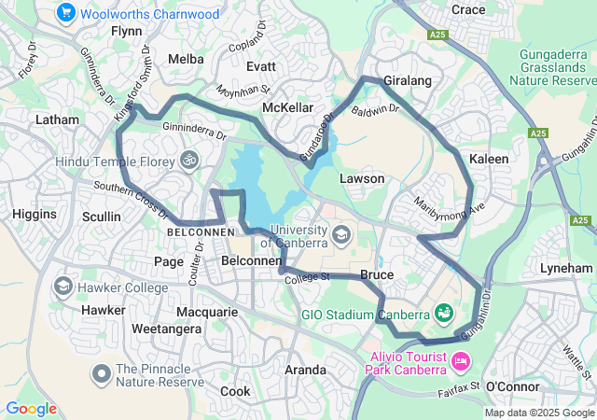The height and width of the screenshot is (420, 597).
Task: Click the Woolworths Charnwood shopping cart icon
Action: (65, 13)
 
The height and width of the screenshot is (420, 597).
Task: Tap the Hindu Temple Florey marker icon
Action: (190, 161)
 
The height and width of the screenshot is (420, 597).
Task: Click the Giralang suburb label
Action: (408, 81)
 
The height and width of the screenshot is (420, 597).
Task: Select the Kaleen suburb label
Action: (489, 159)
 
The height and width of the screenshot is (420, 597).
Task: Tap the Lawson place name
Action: (362, 178)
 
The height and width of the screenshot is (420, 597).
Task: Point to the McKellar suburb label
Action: (287, 108)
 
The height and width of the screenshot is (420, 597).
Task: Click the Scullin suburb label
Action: (101, 217)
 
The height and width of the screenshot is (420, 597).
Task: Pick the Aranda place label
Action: (305, 370)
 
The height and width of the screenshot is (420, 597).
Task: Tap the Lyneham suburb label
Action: (566, 268)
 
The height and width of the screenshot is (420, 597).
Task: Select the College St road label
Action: (308, 277)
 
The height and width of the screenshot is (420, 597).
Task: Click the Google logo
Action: (31, 409)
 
